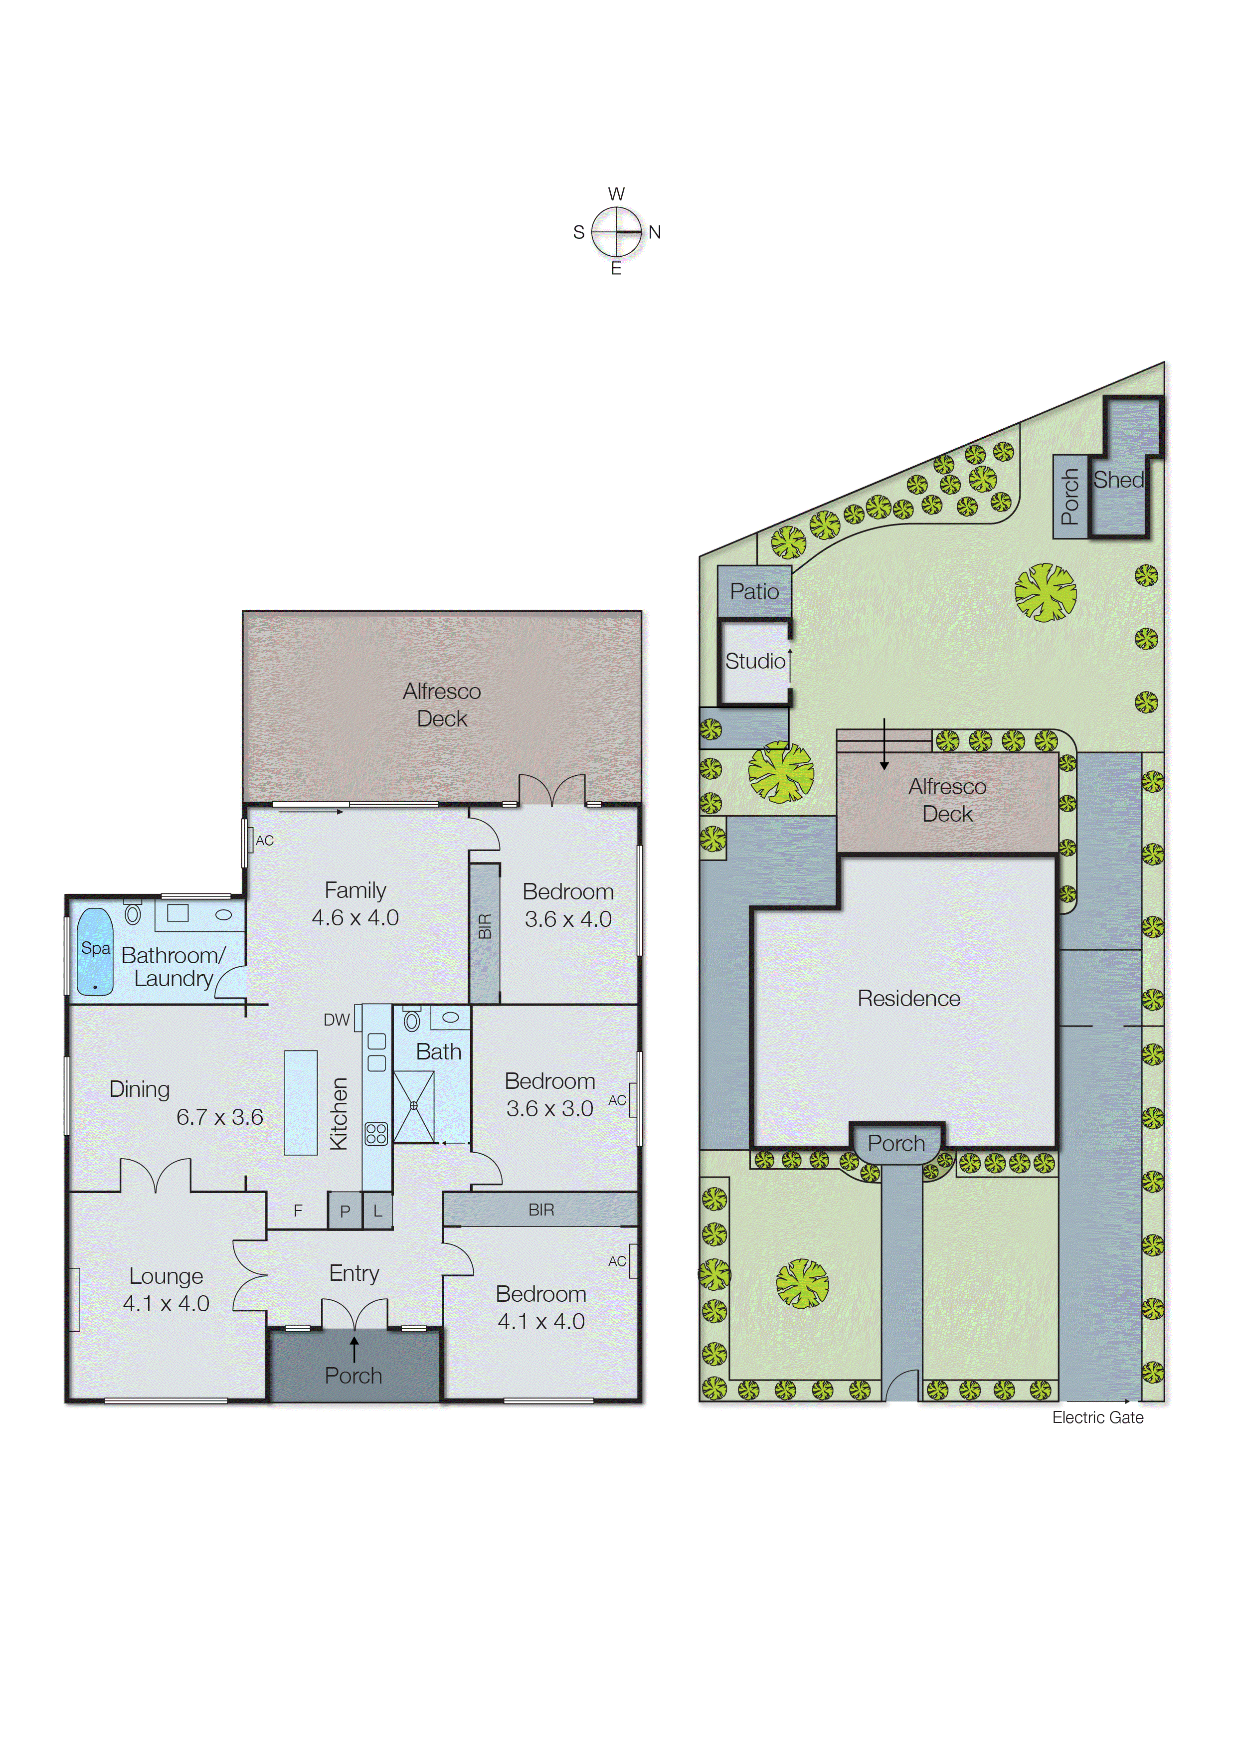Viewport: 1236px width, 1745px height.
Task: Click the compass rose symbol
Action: (616, 231)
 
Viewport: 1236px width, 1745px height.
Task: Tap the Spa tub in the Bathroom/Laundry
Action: (95, 951)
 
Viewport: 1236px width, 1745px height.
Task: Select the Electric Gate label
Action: (1097, 1417)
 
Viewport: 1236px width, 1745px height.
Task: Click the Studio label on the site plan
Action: (754, 661)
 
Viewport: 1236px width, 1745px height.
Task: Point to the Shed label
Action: (1118, 480)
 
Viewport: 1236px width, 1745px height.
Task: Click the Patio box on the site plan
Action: (754, 591)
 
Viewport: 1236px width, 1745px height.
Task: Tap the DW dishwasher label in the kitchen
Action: (337, 1020)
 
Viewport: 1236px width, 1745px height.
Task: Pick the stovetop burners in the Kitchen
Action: (376, 1133)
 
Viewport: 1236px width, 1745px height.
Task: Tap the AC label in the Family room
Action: (264, 840)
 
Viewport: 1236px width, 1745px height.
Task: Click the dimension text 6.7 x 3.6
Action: (219, 1116)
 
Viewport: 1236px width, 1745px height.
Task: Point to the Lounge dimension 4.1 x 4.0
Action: (166, 1303)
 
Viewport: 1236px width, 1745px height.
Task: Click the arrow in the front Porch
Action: (354, 1349)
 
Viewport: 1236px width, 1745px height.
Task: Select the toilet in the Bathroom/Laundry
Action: (133, 912)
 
